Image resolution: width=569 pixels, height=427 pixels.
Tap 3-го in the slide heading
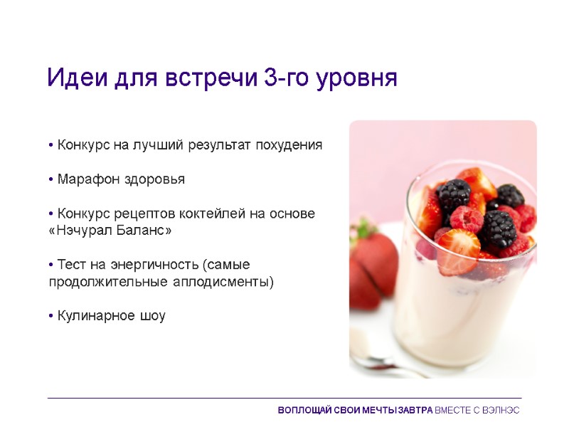[286, 78]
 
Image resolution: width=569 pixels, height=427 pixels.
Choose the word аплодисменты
[230, 282]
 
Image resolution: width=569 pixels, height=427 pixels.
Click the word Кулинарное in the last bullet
[93, 316]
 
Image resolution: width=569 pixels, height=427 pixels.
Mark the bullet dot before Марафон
[51, 180]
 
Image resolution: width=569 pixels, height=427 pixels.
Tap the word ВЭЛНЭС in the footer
[501, 411]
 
